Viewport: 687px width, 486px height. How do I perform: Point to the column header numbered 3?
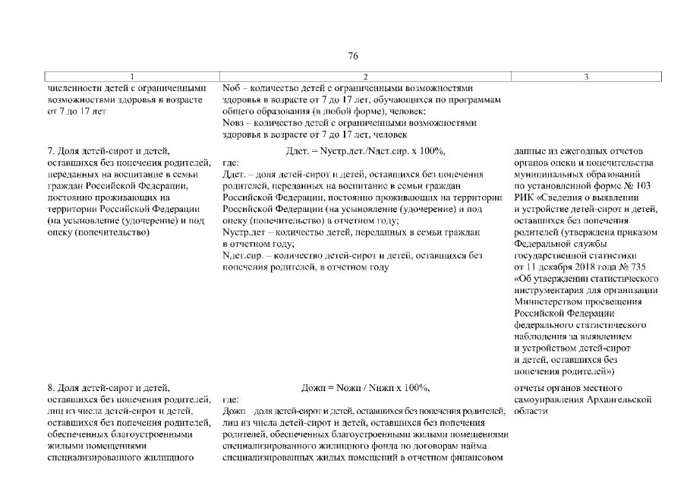click(587, 77)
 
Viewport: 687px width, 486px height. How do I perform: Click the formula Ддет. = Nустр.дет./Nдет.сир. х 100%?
click(365, 150)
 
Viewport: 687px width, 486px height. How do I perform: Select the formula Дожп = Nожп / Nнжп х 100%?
click(365, 388)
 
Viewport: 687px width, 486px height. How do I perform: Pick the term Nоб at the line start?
click(232, 87)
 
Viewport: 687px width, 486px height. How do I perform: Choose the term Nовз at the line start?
click(234, 122)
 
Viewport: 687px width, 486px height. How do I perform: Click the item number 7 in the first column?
click(50, 150)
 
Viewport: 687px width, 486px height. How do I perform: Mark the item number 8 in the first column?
click(50, 388)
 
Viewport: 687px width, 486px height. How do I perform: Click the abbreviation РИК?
click(524, 197)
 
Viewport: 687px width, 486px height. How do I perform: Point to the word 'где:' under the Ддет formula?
click(231, 163)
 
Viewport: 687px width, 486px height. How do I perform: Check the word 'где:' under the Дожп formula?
click(231, 399)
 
